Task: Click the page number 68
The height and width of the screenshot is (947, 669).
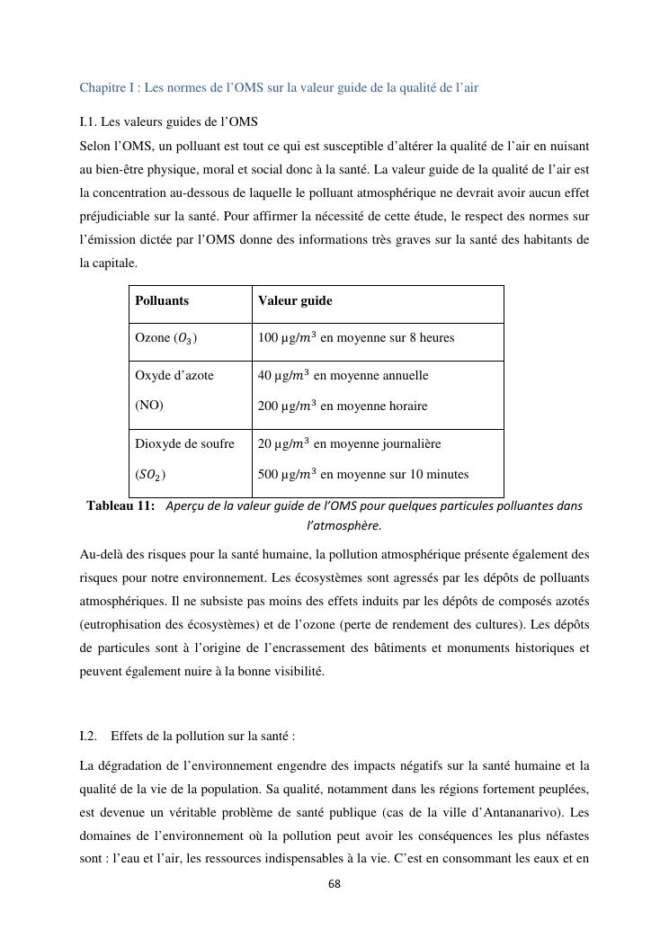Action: point(334,884)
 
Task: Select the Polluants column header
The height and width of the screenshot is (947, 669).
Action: point(162,301)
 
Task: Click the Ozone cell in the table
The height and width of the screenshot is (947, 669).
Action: point(166,338)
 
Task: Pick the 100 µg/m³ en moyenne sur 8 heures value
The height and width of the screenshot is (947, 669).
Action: point(355,338)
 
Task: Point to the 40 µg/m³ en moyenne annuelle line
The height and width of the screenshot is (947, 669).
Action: point(343,375)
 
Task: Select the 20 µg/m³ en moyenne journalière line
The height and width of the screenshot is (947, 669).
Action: point(349,443)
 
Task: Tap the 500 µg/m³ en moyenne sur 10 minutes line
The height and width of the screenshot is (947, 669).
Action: point(362,474)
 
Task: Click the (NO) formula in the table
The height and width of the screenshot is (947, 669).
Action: point(149,406)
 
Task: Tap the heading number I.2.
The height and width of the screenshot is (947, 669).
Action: point(88,736)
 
